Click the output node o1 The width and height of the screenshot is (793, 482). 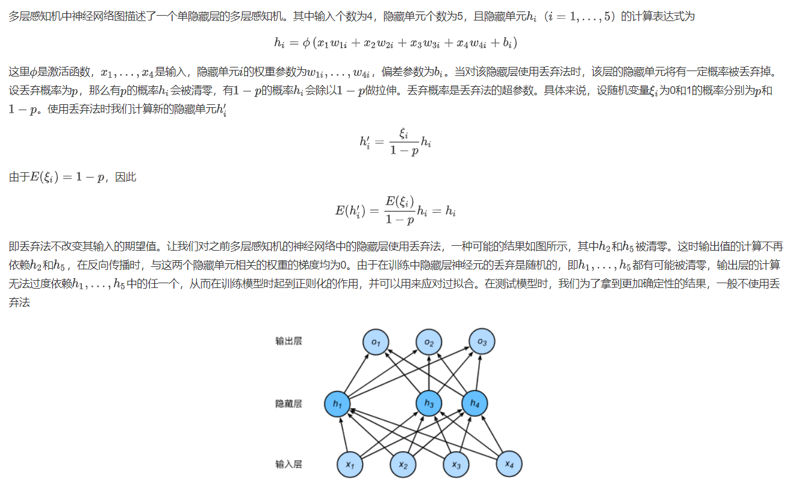pyautogui.click(x=376, y=342)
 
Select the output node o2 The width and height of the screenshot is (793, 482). pyautogui.click(x=429, y=342)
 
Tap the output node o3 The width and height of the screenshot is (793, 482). pyautogui.click(x=482, y=342)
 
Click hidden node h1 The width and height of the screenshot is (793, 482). pyautogui.click(x=337, y=404)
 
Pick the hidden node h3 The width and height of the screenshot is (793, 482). pyautogui.click(x=429, y=404)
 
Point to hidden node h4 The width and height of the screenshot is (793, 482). pyautogui.click(x=475, y=404)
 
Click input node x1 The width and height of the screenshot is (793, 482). pyautogui.click(x=349, y=464)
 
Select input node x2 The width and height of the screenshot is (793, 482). pyautogui.click(x=403, y=464)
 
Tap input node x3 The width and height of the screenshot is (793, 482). pyautogui.click(x=456, y=464)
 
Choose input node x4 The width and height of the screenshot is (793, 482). pyautogui.click(x=509, y=464)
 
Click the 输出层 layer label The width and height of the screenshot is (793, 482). pyautogui.click(x=288, y=342)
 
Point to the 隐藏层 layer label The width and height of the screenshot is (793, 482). pyautogui.click(x=288, y=403)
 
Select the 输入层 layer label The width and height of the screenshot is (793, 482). pyautogui.click(x=288, y=464)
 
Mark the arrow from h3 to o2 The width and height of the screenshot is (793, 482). pyautogui.click(x=429, y=373)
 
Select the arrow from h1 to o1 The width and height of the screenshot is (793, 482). pyautogui.click(x=356, y=373)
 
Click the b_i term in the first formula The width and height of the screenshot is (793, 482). pyautogui.click(x=506, y=43)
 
